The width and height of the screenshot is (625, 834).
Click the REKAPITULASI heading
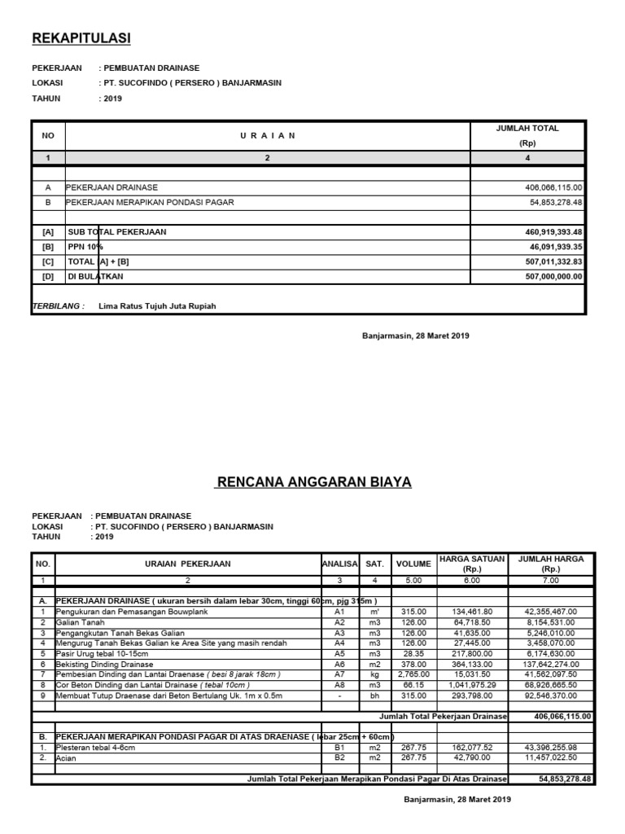(81, 38)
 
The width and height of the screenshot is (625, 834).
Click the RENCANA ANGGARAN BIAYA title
(313, 482)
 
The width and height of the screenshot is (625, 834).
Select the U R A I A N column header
(267, 136)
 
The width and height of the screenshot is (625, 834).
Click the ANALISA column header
(339, 564)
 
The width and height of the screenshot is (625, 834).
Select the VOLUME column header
(413, 564)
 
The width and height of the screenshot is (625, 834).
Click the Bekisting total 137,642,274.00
(552, 664)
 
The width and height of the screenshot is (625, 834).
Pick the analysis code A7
(339, 674)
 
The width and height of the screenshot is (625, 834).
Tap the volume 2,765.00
(413, 674)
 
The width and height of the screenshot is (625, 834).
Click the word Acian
(67, 757)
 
